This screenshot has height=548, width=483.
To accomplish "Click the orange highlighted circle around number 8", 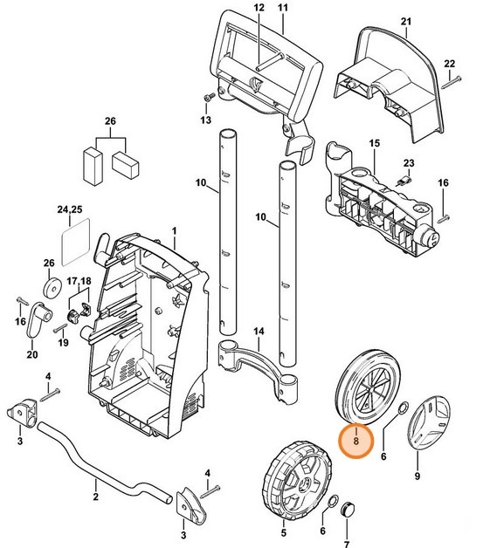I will [x=356, y=441].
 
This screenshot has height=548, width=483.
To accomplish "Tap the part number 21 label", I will [x=404, y=21].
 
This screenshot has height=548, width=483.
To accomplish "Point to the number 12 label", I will [x=258, y=7].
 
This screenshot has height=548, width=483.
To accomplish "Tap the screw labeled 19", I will [x=59, y=330].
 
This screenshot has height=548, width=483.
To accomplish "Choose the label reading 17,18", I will [x=79, y=281].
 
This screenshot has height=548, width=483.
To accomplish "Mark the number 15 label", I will [x=374, y=141].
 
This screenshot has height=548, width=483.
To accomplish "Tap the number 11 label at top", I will [x=281, y=7].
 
